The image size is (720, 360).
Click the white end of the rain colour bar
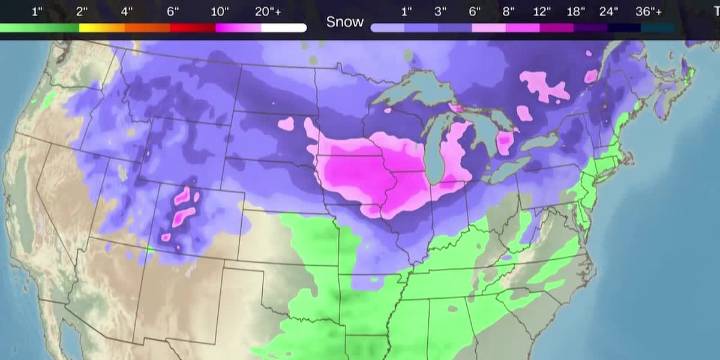pyautogui.click(x=284, y=28)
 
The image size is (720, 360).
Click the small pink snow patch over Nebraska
pyautogui.click(x=288, y=125)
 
